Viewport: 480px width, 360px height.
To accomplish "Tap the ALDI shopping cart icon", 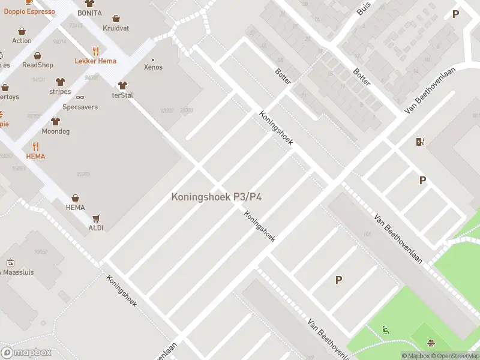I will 95,218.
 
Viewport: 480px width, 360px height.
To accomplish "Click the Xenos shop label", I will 153,67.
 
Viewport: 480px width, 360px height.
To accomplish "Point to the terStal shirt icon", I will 122,85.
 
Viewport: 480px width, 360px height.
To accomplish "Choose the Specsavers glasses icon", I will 80,97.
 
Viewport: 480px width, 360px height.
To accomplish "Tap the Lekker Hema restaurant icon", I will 95,51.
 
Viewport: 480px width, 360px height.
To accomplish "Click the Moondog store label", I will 55,131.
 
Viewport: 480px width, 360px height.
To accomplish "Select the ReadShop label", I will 38,65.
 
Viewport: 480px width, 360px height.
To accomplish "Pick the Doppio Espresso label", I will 29,11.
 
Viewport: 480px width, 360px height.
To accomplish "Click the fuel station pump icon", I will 420,142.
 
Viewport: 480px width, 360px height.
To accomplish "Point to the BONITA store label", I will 89,13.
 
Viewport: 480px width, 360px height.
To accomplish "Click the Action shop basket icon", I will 22,31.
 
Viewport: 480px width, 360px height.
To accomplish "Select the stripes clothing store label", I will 60,92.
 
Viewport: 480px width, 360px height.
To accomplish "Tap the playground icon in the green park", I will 385,329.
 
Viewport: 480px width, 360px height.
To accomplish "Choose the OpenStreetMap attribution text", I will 455,356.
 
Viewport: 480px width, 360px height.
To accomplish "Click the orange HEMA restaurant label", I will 35,156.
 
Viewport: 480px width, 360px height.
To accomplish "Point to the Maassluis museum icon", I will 10,263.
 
